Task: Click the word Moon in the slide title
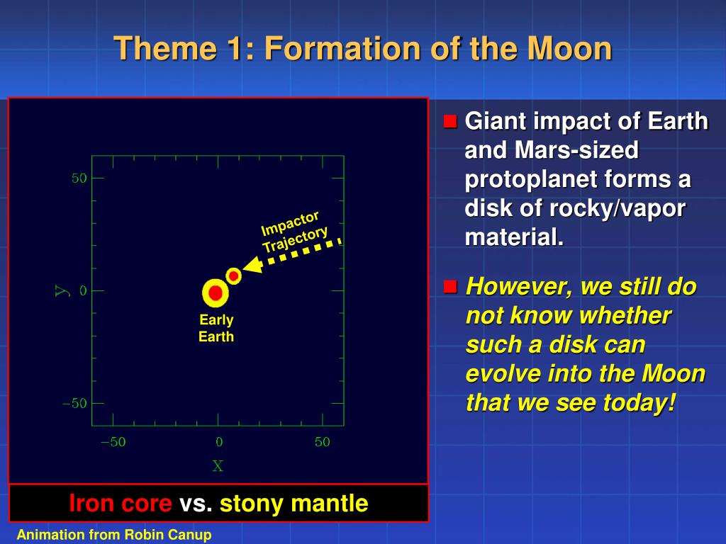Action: (570, 49)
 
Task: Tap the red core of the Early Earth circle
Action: (216, 293)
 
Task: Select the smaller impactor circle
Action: (233, 276)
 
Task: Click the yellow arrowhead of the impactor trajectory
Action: (252, 266)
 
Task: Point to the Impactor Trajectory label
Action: (294, 232)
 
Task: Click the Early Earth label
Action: (216, 328)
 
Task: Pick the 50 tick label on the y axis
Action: (79, 178)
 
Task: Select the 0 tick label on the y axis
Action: (83, 290)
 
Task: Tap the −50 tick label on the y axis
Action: (74, 403)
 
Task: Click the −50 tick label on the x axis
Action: (113, 442)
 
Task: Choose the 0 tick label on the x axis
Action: (219, 442)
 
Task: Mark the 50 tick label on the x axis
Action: (323, 442)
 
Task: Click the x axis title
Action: (218, 466)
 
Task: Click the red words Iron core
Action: (121, 504)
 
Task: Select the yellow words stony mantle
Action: (294, 504)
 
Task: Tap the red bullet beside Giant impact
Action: (450, 121)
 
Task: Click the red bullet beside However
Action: (450, 287)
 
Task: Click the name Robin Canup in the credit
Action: (168, 535)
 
